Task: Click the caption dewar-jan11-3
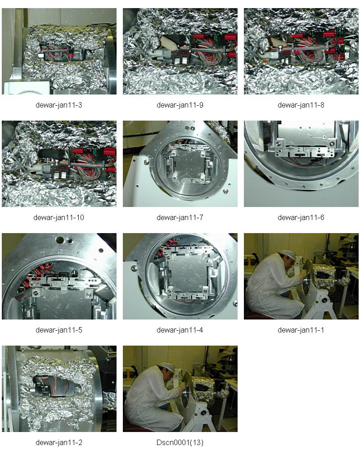click(x=59, y=105)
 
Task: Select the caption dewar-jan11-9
click(x=180, y=105)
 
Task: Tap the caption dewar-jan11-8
click(x=301, y=105)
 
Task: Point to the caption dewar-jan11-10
click(x=59, y=217)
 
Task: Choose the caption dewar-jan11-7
click(x=180, y=217)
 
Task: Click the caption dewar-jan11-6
click(x=301, y=217)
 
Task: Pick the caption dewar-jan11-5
click(x=59, y=330)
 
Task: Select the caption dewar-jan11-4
click(x=180, y=330)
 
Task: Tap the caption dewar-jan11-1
click(x=301, y=330)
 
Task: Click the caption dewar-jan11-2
click(x=59, y=442)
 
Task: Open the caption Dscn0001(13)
click(x=180, y=442)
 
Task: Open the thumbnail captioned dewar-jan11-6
click(x=301, y=164)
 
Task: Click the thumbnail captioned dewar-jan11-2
click(x=59, y=389)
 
